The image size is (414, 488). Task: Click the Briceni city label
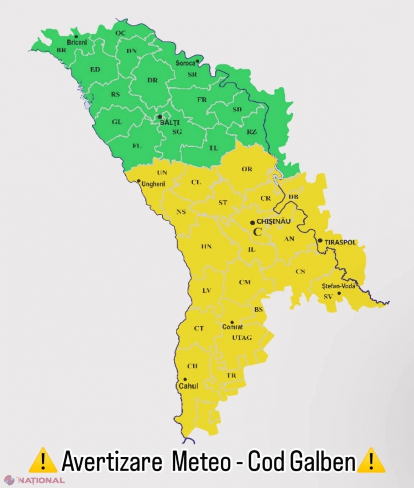point(77,42)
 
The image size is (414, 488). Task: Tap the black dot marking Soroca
point(197,61)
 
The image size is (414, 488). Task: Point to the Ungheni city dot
point(139,181)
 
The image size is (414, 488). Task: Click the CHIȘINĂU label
point(274,221)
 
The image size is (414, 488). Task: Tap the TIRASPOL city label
point(340,242)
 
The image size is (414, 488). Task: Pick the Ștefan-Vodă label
point(338,286)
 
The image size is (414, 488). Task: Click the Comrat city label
point(233,327)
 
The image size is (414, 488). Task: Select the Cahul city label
point(188,386)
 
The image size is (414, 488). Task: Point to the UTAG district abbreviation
point(242,338)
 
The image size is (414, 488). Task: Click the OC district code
point(121,33)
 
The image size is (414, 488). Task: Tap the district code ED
point(95,70)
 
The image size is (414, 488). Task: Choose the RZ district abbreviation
point(252,132)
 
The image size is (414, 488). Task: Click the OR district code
point(247,169)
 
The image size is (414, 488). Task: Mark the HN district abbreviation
point(207,246)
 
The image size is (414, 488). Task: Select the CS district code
point(300,271)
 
